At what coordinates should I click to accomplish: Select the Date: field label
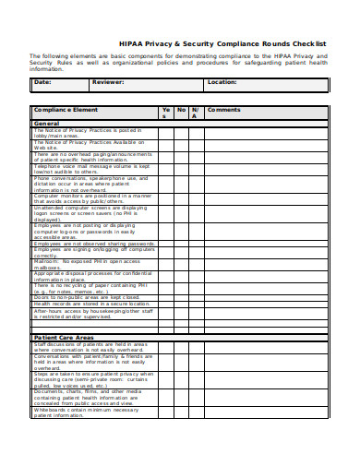pyautogui.click(x=43, y=82)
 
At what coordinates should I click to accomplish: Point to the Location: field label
pyautogui.click(x=222, y=82)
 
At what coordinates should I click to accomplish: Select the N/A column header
pyautogui.click(x=195, y=113)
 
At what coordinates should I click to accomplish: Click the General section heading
pyautogui.click(x=47, y=123)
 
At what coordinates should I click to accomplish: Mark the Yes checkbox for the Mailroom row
pyautogui.click(x=165, y=265)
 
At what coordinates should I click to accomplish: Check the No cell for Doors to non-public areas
pyautogui.click(x=181, y=298)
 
